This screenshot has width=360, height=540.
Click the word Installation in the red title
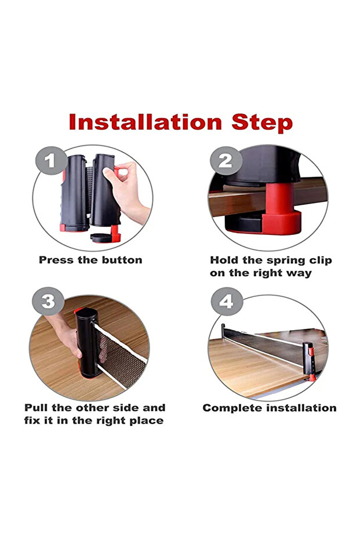click(146, 122)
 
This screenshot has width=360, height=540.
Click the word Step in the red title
click(262, 124)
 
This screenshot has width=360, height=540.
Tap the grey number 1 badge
click(51, 161)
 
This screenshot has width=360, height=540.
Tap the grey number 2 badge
click(226, 161)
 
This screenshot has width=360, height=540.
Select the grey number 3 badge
click(48, 302)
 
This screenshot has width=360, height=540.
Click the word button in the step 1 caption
click(122, 260)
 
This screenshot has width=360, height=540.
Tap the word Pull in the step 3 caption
click(37, 408)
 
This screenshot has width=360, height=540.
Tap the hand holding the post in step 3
click(65, 335)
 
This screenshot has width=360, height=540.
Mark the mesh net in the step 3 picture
click(121, 358)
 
